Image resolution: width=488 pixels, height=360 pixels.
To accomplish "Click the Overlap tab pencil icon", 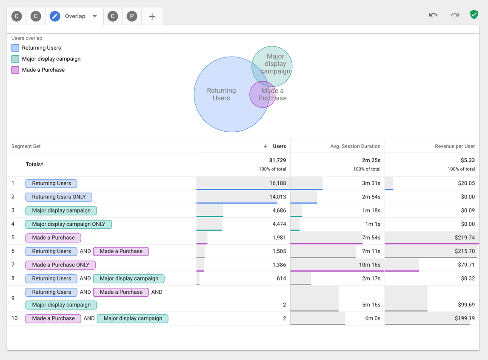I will click(x=55, y=16).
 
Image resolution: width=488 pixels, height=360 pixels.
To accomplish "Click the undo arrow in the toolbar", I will click(x=433, y=15).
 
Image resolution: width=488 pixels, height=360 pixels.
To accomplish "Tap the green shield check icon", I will click(x=474, y=14).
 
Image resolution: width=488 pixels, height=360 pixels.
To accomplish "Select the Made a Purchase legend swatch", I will click(x=15, y=70).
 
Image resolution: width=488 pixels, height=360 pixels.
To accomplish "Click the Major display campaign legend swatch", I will click(x=15, y=59).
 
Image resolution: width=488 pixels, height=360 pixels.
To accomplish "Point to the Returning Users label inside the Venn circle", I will click(x=221, y=94).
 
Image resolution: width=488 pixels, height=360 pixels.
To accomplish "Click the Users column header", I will click(x=279, y=146).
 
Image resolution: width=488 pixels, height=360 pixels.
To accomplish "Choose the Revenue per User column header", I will click(x=454, y=146).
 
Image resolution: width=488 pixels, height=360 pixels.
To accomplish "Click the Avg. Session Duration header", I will click(x=355, y=146).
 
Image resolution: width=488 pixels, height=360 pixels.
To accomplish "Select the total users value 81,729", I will click(x=277, y=160).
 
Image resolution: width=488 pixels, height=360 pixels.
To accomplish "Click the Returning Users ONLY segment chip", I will click(x=59, y=197).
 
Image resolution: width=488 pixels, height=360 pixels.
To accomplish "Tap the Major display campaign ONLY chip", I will click(x=68, y=224).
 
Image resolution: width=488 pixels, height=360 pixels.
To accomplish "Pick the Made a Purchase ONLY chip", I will click(x=60, y=265).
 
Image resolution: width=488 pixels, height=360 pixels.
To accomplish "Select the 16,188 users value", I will click(x=277, y=183).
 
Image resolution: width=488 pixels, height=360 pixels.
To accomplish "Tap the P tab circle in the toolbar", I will click(x=132, y=16).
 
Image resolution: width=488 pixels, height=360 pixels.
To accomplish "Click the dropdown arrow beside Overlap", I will click(x=95, y=16).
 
